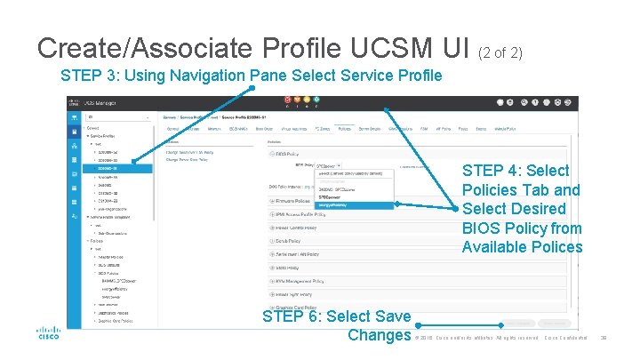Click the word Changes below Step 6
[x=379, y=335]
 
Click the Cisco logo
[x=48, y=332]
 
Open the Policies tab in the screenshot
[x=344, y=128]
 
